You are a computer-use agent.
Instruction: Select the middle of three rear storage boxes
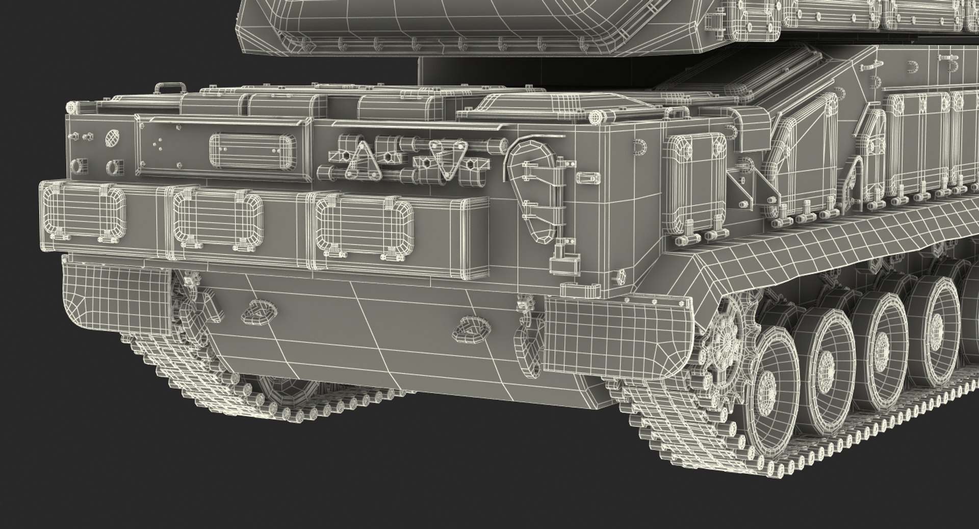[x=218, y=218]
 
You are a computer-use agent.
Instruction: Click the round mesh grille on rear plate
[x=112, y=137]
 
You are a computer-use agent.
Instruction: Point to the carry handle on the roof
[x=169, y=88]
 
